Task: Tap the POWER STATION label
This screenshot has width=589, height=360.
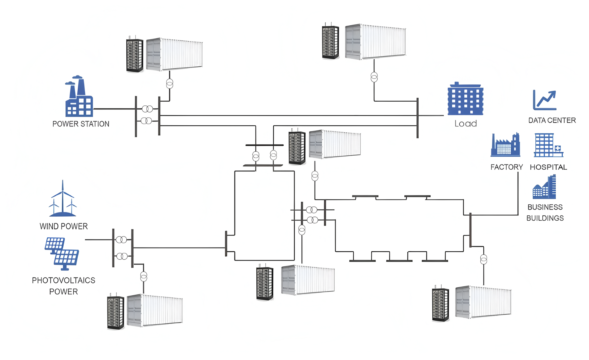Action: tap(81, 124)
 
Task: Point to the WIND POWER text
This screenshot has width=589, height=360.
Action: tap(64, 226)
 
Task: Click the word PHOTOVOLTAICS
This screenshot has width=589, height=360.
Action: tap(64, 280)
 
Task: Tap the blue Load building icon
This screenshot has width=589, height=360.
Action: tap(465, 99)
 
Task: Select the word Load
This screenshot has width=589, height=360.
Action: tap(466, 124)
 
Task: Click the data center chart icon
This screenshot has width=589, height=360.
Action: tap(545, 100)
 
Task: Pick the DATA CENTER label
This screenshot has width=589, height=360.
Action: tap(552, 120)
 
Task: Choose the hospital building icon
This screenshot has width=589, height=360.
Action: tap(548, 145)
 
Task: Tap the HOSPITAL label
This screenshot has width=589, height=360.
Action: tap(548, 167)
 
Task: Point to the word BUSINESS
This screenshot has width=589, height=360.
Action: tap(545, 207)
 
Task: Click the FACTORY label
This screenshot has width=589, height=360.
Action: tap(507, 167)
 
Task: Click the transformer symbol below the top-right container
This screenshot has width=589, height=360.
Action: tap(374, 77)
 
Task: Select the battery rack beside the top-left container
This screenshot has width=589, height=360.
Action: tap(135, 56)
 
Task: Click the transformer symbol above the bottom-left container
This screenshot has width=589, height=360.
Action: tap(144, 276)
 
